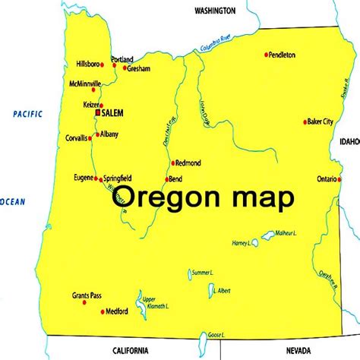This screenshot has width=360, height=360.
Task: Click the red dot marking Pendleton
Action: (x=267, y=55)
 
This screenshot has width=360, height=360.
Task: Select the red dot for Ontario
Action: (x=338, y=179)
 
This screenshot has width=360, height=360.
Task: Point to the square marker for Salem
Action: (x=97, y=112)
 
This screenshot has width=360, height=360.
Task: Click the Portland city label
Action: (x=122, y=59)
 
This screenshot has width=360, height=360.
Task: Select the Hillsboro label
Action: (x=87, y=65)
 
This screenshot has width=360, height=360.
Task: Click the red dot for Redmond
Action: (x=173, y=163)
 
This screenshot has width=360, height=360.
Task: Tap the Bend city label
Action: (x=175, y=179)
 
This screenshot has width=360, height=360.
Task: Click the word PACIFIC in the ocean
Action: (x=27, y=114)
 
